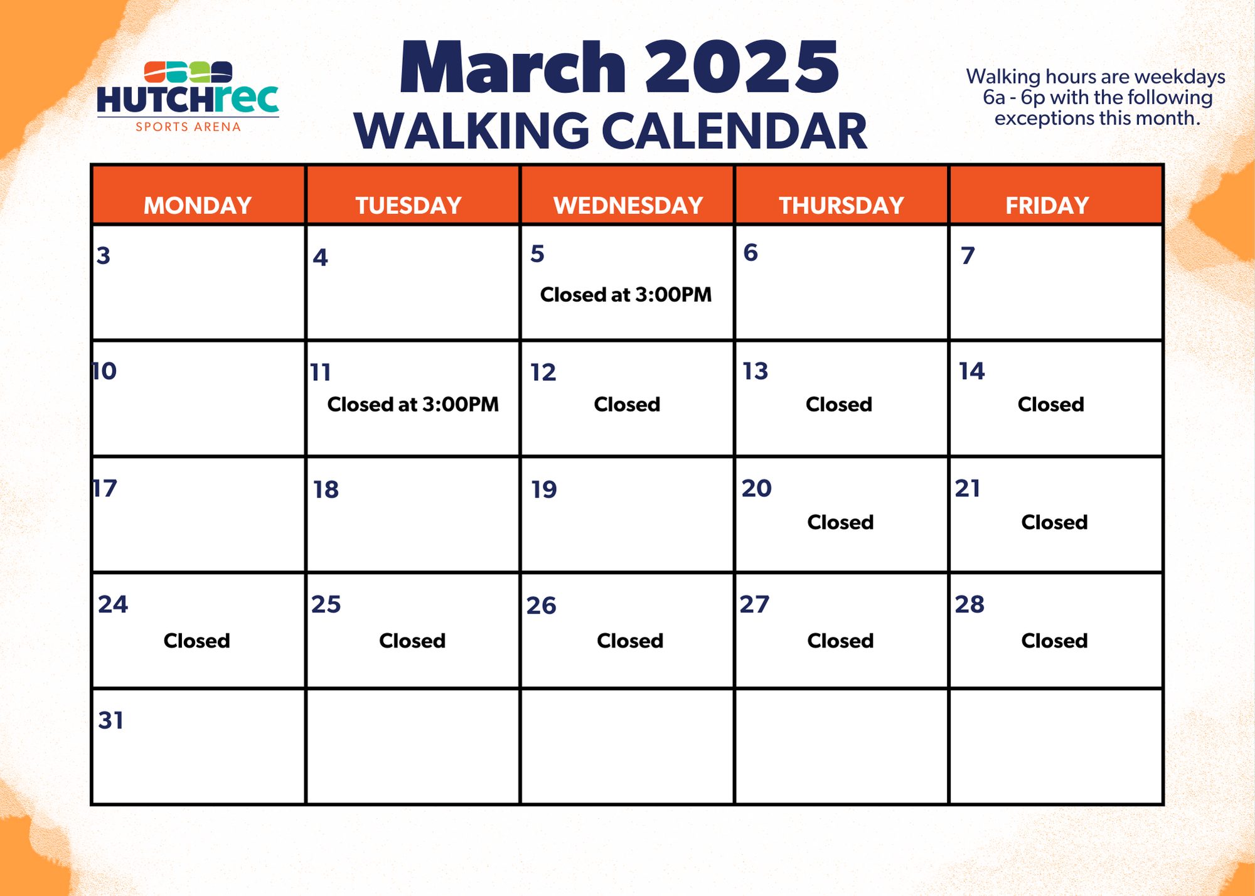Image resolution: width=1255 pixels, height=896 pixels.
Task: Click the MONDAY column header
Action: (198, 205)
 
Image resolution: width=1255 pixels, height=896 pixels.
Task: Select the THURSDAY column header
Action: (841, 205)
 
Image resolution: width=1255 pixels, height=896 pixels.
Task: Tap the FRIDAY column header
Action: (1047, 205)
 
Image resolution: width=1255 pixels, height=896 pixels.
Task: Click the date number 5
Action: (537, 254)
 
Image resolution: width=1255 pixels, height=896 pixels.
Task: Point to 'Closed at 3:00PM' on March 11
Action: (413, 405)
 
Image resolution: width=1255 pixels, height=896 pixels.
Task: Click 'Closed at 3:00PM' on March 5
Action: (626, 295)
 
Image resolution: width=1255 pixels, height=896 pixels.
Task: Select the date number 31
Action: (110, 720)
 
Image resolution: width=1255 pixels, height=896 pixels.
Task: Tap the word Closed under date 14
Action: (1050, 405)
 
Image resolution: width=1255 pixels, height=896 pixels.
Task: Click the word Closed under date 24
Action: (196, 641)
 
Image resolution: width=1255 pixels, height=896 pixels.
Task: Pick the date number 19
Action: (543, 489)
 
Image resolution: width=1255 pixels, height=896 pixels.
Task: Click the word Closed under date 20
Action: (840, 522)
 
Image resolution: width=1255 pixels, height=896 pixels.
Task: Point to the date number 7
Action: (968, 256)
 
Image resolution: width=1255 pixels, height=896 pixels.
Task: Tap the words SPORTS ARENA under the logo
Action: (188, 127)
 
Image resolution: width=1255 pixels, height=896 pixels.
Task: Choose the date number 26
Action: (541, 605)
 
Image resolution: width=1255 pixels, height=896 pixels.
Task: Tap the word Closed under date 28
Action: (1054, 641)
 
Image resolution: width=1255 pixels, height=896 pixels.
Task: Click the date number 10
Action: (104, 371)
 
